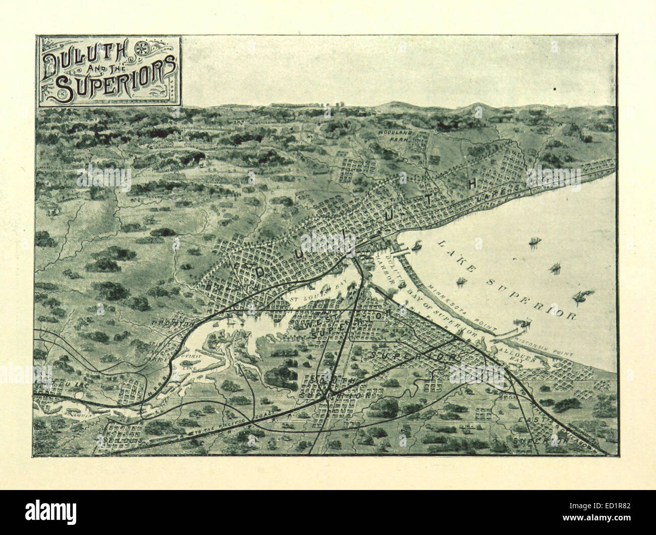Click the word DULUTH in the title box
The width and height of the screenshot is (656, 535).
(75, 60)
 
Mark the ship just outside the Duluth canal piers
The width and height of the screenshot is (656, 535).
(417, 247)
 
